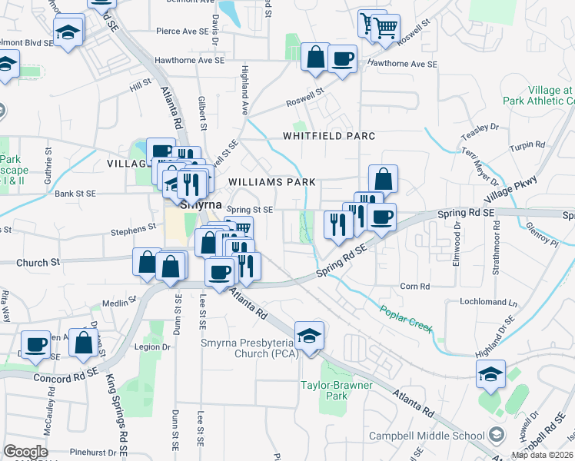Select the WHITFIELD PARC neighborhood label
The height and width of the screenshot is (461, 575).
[x=329, y=136]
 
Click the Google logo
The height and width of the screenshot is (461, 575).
[x=26, y=452]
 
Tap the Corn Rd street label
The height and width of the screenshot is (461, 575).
[x=414, y=287]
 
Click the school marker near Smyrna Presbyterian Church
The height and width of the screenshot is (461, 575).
[x=310, y=337]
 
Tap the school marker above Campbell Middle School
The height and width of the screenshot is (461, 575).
[x=490, y=374]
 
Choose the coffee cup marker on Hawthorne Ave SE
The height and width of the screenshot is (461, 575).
[x=342, y=58]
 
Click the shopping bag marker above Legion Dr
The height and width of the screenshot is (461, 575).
[x=84, y=343]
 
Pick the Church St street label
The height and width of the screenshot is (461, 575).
[x=38, y=262]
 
